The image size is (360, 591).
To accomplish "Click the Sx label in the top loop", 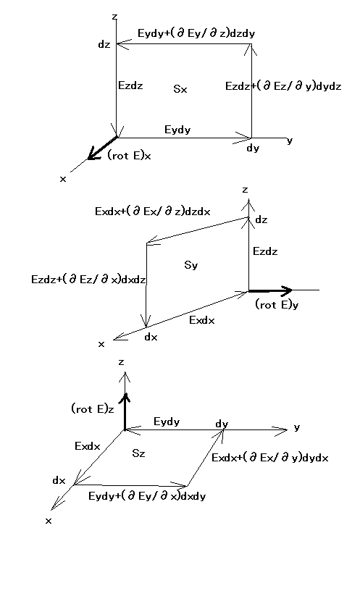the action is [x=180, y=89].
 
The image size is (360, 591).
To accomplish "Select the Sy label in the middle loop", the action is [x=191, y=265].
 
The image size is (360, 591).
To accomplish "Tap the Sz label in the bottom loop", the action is [x=138, y=453].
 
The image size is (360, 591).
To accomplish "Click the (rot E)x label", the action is [x=130, y=155].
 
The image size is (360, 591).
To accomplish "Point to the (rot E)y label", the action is [x=277, y=304].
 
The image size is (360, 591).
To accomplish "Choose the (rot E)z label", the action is [x=93, y=408].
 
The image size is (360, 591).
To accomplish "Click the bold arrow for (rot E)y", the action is [x=270, y=290].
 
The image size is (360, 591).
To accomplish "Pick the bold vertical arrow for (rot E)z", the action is [x=125, y=411].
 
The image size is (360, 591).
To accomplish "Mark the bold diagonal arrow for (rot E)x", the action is [x=102, y=148].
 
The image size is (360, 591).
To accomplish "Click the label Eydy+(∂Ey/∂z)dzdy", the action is [x=196, y=33].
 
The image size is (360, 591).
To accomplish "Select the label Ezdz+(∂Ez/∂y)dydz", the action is [x=283, y=86].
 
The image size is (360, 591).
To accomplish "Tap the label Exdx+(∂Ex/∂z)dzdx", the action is [x=153, y=211].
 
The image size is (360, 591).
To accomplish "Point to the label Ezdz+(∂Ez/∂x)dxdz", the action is [x=88, y=280].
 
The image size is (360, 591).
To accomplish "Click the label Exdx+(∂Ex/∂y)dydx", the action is [x=270, y=458].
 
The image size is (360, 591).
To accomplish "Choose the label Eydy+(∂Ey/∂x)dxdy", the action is [x=147, y=495].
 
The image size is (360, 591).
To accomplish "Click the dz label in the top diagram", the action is [x=104, y=44].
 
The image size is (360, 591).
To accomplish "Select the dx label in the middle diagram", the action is [x=151, y=337].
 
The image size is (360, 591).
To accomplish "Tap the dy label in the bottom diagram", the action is [x=222, y=424].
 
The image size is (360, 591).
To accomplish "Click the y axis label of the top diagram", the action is [x=290, y=141].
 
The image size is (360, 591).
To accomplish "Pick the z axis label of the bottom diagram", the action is [x=121, y=362].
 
